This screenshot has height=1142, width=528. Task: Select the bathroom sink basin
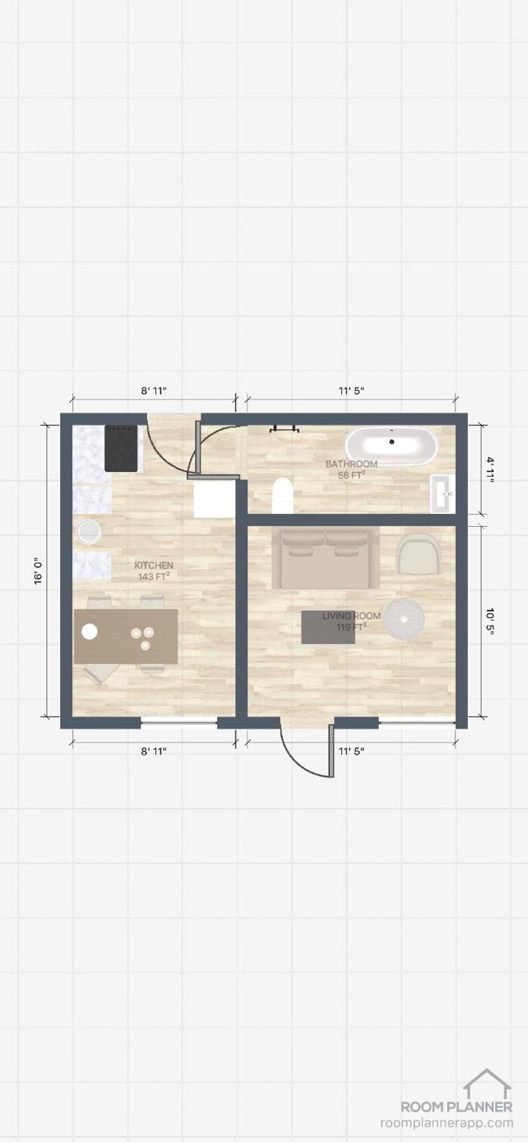tap(443, 493)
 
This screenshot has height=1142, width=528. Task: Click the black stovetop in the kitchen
tap(121, 448)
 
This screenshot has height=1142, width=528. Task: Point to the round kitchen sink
tap(89, 531)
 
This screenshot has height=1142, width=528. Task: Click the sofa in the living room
tap(325, 557)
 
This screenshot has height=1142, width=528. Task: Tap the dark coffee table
tap(328, 627)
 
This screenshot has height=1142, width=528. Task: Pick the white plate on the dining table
tap(89, 631)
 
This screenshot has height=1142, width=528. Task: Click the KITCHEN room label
tap(154, 565)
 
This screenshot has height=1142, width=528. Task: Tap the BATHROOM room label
tap(351, 464)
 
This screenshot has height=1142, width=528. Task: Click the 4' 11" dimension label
tap(490, 470)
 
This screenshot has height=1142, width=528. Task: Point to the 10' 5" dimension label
tap(490, 622)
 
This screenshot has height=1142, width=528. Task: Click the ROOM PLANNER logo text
tap(456, 1107)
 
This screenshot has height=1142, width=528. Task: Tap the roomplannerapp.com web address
tap(446, 1123)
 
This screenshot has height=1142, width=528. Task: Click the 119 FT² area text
tap(351, 627)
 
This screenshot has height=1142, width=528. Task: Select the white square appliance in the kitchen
tap(214, 499)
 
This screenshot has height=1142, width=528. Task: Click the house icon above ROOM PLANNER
tap(488, 1084)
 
